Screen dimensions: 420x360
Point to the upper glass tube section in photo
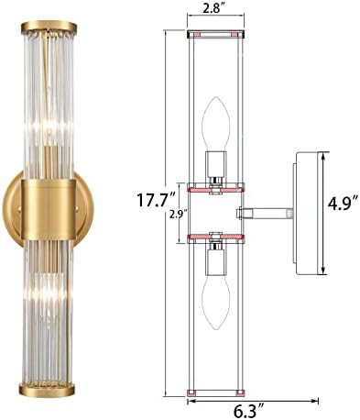[x=58, y=101]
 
